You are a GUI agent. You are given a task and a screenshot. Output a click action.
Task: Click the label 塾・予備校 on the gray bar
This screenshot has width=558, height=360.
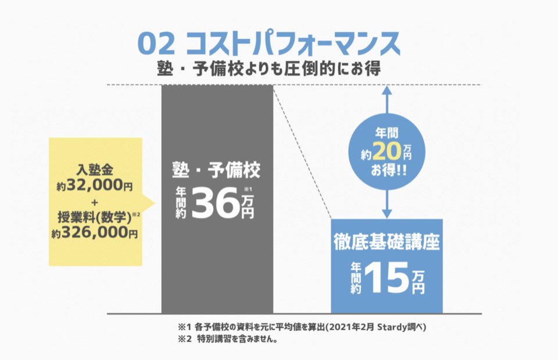216,171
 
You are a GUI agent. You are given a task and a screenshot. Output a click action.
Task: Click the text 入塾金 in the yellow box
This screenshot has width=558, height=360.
95,170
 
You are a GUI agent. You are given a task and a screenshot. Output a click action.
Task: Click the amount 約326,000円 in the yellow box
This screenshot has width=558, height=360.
95,234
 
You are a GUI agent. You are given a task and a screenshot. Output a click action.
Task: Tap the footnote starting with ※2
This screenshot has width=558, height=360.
227,340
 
